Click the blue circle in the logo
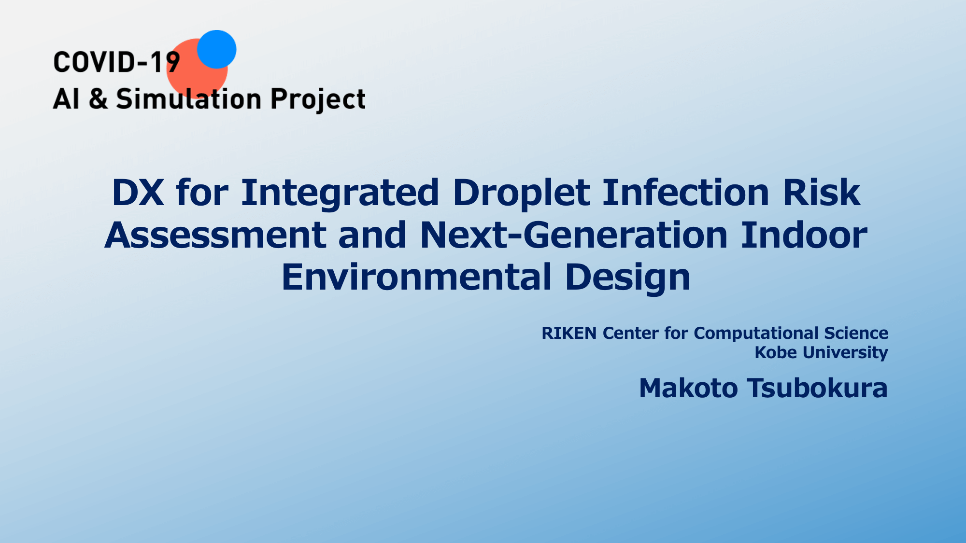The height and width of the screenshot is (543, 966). click(217, 49)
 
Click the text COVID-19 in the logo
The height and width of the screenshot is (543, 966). click(116, 63)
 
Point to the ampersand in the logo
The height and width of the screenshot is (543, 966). click(99, 99)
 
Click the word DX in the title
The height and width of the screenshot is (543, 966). click(138, 193)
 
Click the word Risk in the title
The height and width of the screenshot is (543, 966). click(822, 193)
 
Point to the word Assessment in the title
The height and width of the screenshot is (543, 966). click(215, 235)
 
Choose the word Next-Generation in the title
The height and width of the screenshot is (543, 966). click(574, 235)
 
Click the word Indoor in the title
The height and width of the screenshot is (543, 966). click(804, 235)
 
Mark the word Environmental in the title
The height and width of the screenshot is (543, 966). click(417, 277)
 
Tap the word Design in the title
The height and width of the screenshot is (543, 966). click(628, 278)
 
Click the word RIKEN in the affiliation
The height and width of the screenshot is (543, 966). click(569, 333)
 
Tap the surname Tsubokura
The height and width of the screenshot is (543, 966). click(817, 388)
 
